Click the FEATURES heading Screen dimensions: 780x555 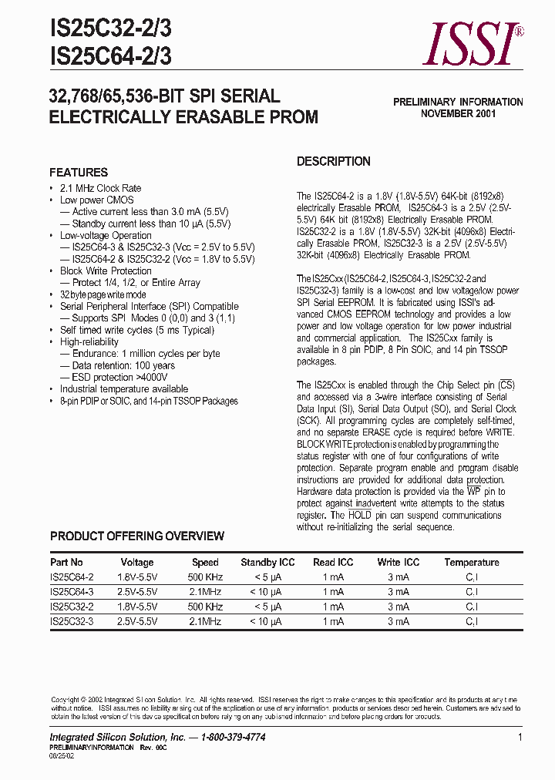79,173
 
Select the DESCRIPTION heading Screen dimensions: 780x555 334,162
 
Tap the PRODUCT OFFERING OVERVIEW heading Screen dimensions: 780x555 137,536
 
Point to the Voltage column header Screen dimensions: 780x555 137,563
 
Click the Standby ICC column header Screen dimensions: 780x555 268,563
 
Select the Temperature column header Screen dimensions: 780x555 472,563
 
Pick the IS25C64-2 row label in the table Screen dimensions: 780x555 72,577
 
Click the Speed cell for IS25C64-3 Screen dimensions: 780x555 205,592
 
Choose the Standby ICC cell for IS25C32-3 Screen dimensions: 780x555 267,621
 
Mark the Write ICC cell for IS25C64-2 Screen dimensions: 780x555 398,577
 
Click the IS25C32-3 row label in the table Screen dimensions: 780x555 72,621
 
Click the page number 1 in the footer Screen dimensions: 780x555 520,738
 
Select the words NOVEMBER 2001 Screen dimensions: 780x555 458,113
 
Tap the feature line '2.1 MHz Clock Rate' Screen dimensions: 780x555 101,188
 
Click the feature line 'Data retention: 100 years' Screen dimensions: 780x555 123,365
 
